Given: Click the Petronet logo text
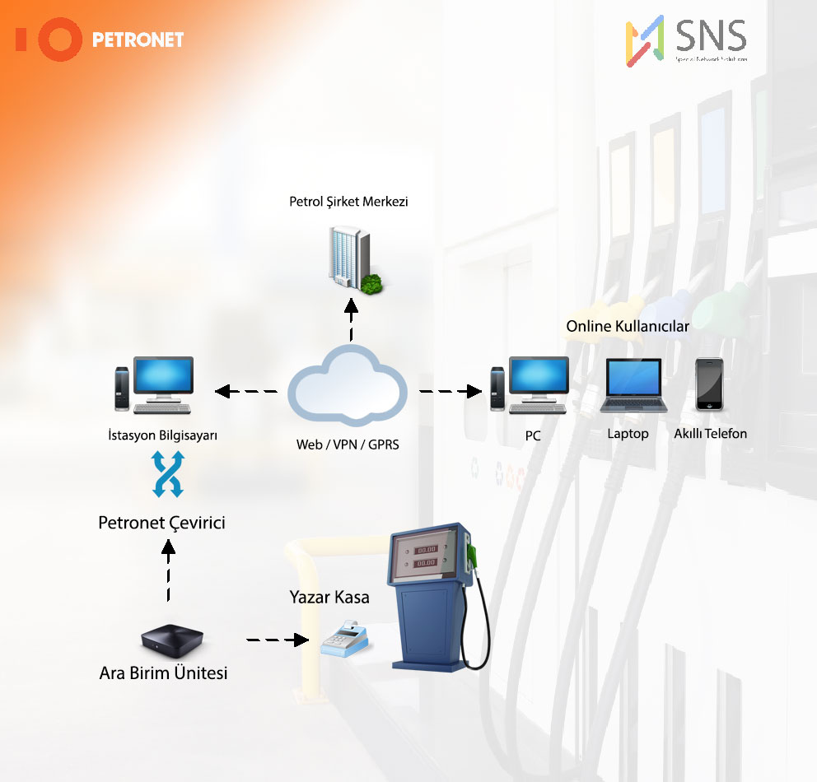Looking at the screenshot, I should click(138, 40).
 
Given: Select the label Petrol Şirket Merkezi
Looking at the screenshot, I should click(349, 201).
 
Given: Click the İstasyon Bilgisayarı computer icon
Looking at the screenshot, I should click(154, 385).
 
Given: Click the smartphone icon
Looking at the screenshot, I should click(709, 384).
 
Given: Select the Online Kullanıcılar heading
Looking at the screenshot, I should click(628, 326).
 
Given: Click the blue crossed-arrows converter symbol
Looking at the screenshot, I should click(167, 476).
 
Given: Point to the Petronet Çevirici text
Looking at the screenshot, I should click(161, 523).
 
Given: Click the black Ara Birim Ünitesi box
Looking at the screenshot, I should click(171, 637).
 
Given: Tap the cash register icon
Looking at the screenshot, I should click(345, 639).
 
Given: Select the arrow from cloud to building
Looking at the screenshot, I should click(352, 320).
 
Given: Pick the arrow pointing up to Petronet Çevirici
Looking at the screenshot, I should click(169, 569).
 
